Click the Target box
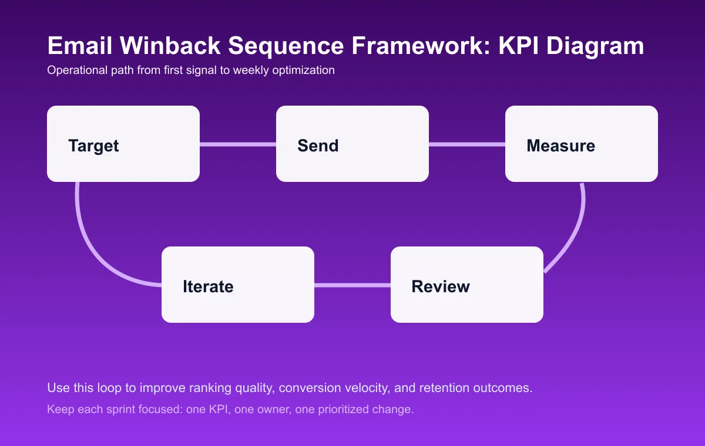tap(123, 144)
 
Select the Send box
tap(352, 144)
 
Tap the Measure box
tap(582, 144)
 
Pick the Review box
tap(467, 285)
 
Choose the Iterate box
tap(238, 285)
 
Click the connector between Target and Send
tap(238, 144)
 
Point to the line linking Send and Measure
tap(467, 144)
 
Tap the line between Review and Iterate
tap(352, 285)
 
